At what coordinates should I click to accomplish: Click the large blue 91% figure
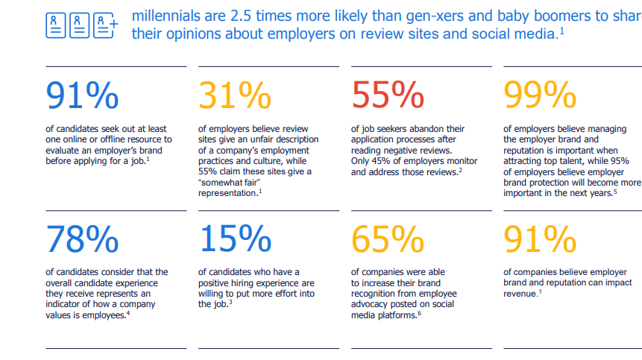[82, 95]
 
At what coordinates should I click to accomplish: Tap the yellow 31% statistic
[235, 95]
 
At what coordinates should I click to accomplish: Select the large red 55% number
[388, 95]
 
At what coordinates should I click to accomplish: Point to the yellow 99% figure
[541, 95]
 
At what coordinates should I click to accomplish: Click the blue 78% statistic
[82, 239]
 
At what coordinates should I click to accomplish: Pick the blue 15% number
[235, 239]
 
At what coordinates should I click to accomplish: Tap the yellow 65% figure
[388, 239]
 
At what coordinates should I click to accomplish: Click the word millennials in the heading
[166, 15]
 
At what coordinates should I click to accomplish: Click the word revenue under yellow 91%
[520, 294]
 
